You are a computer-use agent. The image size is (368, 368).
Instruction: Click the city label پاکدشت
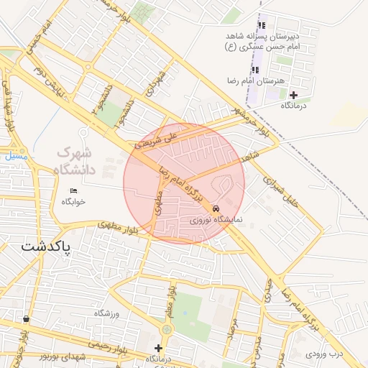[x=45, y=246]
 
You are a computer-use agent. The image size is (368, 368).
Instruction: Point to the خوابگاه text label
[x=73, y=201]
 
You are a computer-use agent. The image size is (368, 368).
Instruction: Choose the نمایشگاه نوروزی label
[x=216, y=220]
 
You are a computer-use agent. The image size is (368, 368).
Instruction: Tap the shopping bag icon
[x=27, y=318]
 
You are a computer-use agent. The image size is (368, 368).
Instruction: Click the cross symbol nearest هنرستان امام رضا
[x=293, y=95]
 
